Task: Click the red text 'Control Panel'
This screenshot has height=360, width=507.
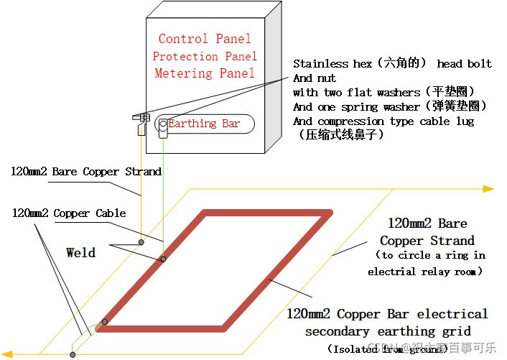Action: click(205, 39)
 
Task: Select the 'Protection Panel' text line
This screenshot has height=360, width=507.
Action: click(205, 56)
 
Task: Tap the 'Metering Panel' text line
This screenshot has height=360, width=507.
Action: click(205, 73)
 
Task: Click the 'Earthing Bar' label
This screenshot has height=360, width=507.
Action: click(204, 124)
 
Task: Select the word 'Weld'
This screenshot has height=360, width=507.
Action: click(80, 252)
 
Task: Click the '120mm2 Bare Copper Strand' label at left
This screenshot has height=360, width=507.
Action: click(86, 172)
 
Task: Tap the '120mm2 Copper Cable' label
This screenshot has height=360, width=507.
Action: click(69, 213)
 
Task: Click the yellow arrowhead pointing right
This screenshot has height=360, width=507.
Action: click(488, 189)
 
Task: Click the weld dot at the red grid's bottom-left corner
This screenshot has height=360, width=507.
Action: click(105, 322)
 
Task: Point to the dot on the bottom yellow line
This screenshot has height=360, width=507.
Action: click(73, 354)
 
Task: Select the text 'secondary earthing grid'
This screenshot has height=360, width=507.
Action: click(388, 331)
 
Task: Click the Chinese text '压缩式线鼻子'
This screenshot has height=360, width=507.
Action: click(341, 134)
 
